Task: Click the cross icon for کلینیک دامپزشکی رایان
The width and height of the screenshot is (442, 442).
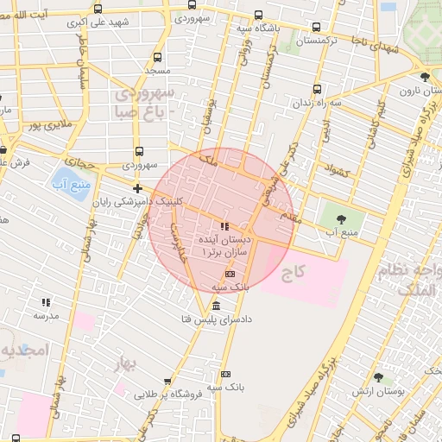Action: (137, 188)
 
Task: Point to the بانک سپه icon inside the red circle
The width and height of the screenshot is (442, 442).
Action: (230, 273)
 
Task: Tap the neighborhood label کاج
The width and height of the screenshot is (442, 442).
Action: (294, 274)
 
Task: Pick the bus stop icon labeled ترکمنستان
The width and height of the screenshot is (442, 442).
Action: (316, 27)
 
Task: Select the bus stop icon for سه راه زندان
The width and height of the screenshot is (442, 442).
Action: (317, 88)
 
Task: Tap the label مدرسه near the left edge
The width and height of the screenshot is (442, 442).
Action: (45, 316)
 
